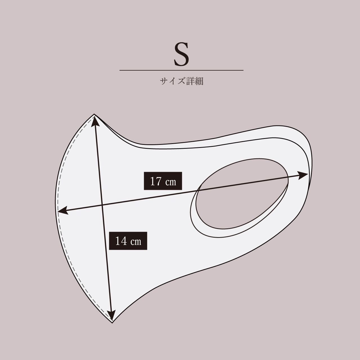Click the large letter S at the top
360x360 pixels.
tap(181, 54)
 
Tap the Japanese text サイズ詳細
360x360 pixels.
tap(182, 81)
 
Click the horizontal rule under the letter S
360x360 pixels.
tap(181, 70)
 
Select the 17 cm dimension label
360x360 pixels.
tap(163, 181)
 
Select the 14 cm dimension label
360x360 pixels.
tap(128, 241)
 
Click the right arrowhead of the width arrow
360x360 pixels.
tap(303, 175)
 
